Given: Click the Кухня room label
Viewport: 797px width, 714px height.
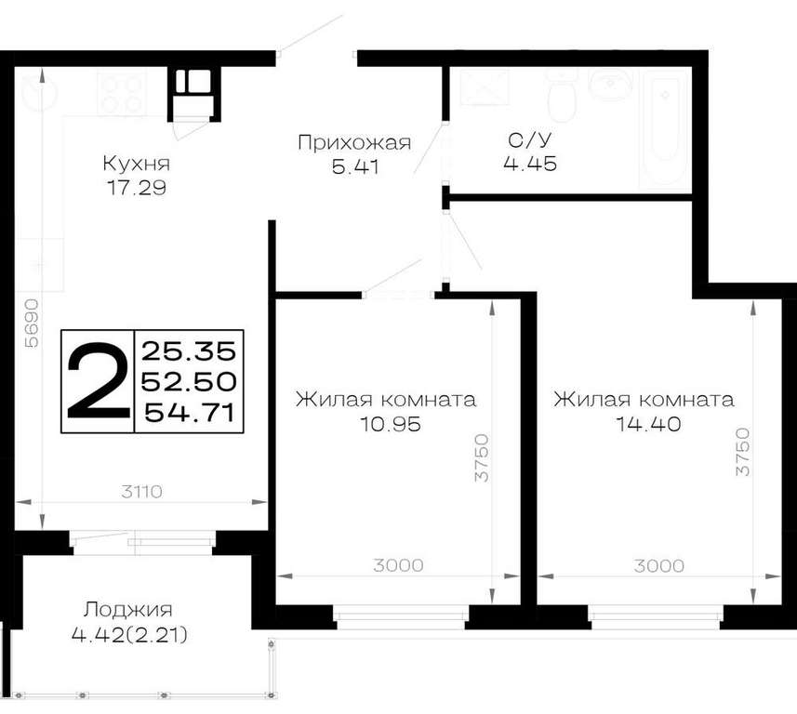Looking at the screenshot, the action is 136,165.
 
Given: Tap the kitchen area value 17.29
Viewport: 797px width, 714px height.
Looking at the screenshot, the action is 136,188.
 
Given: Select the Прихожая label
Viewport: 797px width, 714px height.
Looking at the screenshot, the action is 354,143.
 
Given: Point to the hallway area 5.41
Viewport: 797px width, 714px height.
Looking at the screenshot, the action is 355,166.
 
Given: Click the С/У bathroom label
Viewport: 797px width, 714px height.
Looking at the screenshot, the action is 530,139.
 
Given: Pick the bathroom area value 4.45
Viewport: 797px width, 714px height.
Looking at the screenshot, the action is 530,163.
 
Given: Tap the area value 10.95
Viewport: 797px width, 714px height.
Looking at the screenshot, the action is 391,423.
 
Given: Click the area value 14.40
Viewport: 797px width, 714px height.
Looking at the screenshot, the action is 648,423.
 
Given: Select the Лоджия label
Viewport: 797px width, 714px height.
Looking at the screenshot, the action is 128,609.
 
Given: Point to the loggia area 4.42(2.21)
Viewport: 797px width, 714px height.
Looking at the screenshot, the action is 129,634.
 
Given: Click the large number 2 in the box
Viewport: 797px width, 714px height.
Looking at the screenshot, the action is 98,380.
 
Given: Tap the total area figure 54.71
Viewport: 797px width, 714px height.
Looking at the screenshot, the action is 190,413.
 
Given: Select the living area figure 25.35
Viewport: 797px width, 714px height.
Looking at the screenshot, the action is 189,350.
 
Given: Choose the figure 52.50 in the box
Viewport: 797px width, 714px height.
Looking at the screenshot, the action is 189,382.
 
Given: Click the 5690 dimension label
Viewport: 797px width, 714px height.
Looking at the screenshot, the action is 32,323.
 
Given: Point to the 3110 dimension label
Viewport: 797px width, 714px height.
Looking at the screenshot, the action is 142,492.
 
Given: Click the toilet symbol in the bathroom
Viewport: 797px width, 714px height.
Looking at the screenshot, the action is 562,97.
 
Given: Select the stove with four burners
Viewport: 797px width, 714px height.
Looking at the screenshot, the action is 122,94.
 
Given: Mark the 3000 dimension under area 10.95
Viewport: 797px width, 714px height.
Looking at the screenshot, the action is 398,565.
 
